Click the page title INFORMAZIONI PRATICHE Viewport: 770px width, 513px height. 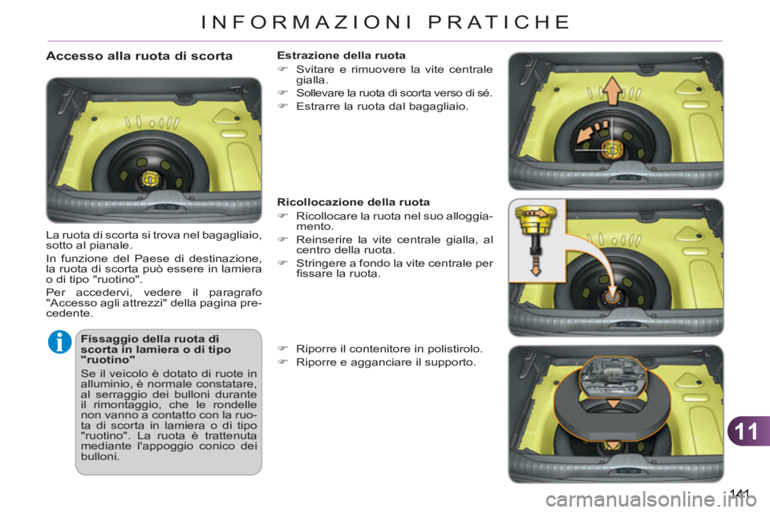(384, 22)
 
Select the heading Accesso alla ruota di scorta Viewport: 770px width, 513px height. (140, 57)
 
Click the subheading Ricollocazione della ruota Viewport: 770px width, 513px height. (353, 202)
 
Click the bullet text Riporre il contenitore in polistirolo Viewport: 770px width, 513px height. (388, 349)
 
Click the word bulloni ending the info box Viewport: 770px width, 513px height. (100, 458)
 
